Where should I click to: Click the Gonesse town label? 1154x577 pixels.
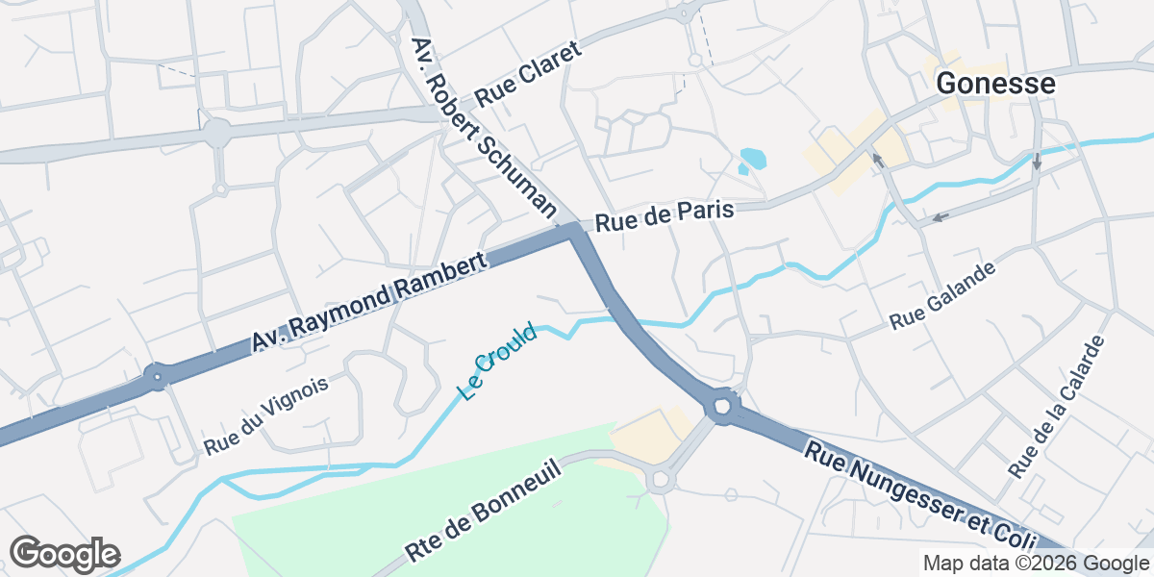click(x=995, y=84)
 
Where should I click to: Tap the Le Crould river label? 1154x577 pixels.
click(x=497, y=363)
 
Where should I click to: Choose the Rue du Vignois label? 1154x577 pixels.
click(x=266, y=415)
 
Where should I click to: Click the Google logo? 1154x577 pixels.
click(x=64, y=554)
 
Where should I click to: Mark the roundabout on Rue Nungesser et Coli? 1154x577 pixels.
click(x=723, y=406)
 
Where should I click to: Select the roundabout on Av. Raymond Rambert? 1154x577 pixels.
click(x=157, y=376)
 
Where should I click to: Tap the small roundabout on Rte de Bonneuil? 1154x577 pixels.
click(x=661, y=478)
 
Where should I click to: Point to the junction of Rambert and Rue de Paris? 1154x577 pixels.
click(x=574, y=229)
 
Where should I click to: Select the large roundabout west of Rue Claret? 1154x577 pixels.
click(x=218, y=132)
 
